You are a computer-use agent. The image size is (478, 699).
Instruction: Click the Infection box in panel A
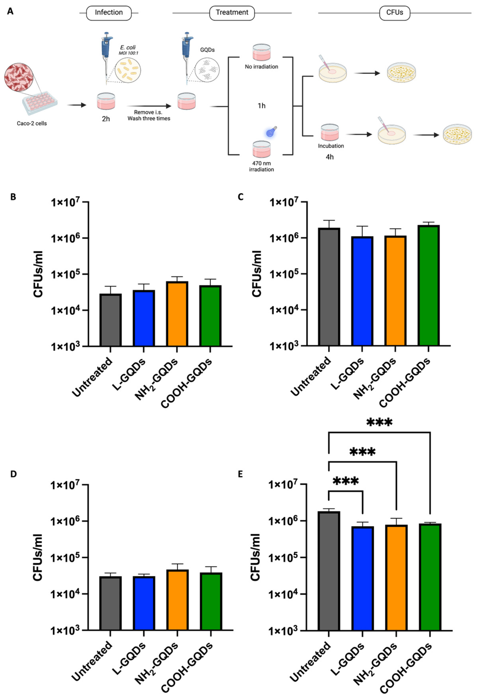(109, 13)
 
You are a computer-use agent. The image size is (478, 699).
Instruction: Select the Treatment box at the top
(232, 13)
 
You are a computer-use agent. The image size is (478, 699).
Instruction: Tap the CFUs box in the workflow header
(394, 13)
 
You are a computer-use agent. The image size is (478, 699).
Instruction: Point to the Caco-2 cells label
(32, 123)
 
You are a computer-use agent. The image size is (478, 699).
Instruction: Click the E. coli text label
(128, 47)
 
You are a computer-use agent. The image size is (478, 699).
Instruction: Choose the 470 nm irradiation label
(261, 166)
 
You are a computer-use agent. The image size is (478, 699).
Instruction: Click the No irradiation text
(261, 67)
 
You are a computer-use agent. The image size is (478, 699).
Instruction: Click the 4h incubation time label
(330, 157)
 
